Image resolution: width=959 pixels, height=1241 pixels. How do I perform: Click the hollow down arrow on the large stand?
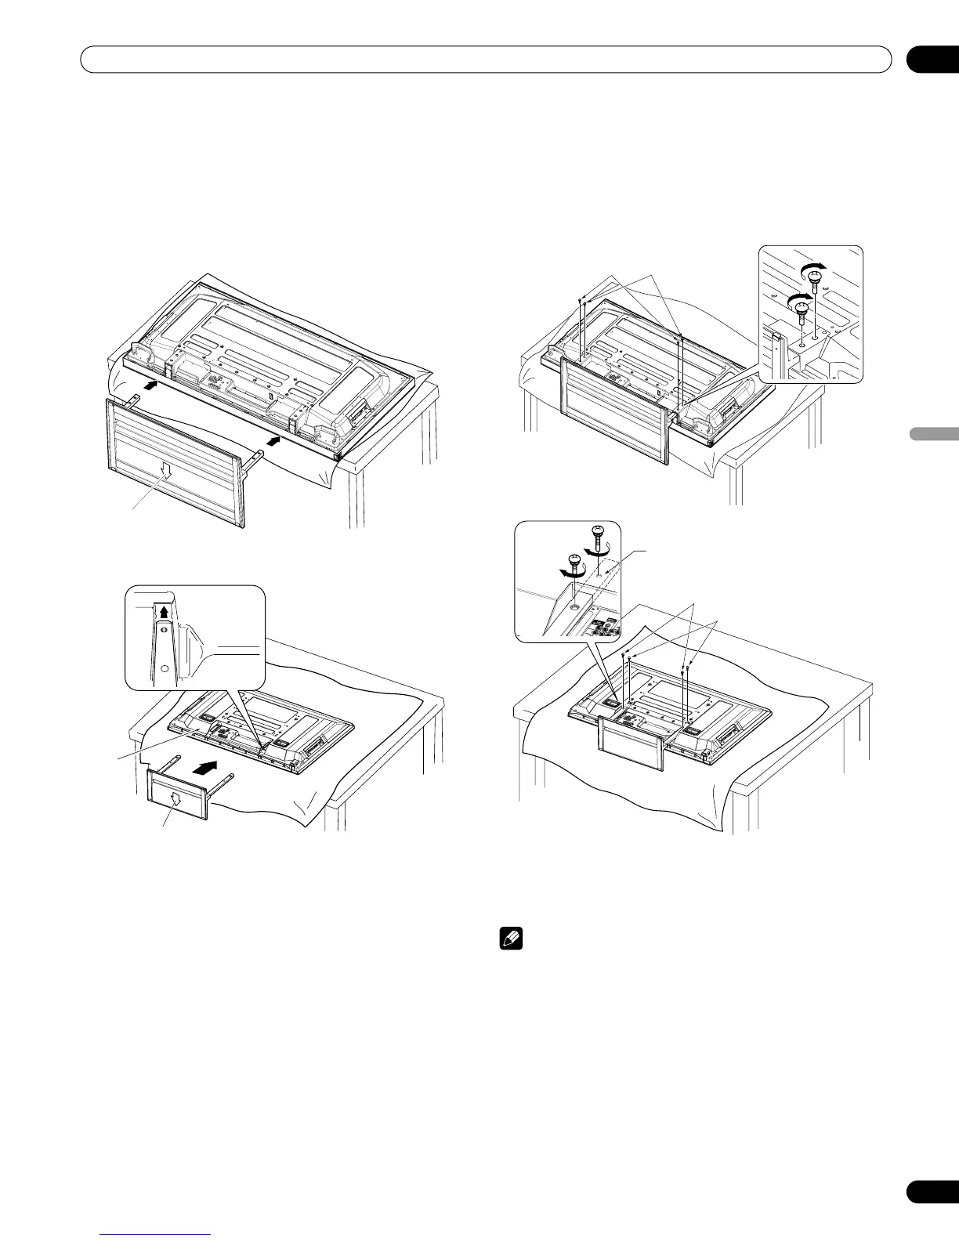pos(165,468)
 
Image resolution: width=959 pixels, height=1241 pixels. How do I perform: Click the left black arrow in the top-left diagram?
pos(154,384)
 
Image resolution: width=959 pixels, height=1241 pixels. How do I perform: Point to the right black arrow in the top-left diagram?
pos(271,443)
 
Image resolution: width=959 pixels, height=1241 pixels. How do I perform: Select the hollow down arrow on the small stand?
pos(176,801)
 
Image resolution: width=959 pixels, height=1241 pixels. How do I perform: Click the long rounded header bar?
pos(487,60)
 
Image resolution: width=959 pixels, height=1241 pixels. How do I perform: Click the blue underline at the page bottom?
pos(156,1236)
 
